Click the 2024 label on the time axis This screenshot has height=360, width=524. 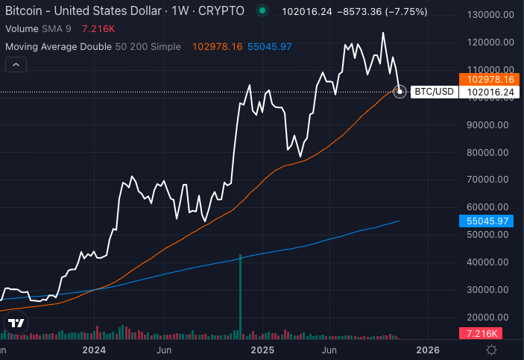coord(95,349)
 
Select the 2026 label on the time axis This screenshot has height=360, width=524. coord(428,349)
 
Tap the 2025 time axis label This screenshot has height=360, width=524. coord(262,349)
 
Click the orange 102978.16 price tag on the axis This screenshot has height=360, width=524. coord(490,79)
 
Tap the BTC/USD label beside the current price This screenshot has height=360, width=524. coord(435,92)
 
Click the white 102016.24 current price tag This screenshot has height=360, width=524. coord(490,92)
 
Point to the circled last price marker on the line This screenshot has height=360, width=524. coord(400,92)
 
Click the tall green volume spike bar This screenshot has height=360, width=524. coord(240,294)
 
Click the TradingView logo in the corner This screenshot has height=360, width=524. coord(16,323)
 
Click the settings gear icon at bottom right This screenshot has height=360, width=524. coord(492,349)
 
